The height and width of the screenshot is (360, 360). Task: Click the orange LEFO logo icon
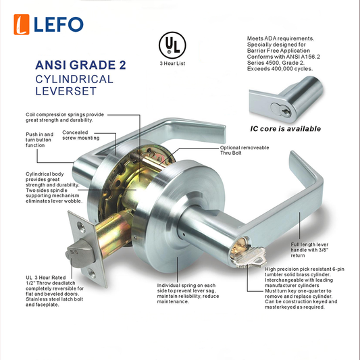(22, 24)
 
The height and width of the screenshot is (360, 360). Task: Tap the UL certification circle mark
(172, 45)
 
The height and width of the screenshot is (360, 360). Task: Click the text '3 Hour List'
(172, 63)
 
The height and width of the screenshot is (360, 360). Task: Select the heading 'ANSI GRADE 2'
(80, 65)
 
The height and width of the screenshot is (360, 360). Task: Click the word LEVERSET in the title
(66, 91)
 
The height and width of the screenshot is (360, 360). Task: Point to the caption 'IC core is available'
(286, 129)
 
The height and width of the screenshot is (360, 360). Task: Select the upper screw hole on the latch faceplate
(81, 227)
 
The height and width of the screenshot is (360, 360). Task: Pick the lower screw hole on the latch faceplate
(92, 274)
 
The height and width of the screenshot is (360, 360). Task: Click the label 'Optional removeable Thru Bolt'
(245, 150)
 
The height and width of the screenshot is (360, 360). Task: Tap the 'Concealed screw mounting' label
(81, 135)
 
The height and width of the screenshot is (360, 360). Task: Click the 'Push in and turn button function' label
(39, 140)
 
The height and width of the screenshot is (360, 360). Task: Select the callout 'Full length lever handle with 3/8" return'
(309, 250)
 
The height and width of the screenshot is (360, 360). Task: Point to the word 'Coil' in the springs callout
(30, 115)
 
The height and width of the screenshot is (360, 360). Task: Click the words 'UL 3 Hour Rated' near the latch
(46, 278)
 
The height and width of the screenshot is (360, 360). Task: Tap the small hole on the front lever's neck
(184, 235)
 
